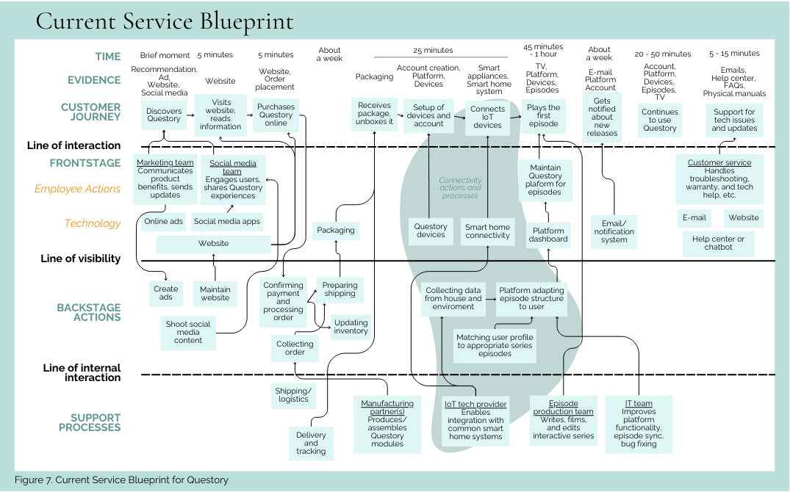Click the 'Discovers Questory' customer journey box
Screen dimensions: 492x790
click(x=163, y=115)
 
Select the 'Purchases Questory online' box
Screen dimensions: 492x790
click(x=276, y=115)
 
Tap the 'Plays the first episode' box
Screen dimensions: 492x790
click(x=543, y=115)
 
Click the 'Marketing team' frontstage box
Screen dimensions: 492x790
click(x=165, y=178)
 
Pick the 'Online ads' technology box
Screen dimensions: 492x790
click(x=164, y=221)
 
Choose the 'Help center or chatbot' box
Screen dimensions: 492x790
click(x=718, y=243)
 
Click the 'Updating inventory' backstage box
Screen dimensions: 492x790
click(x=351, y=327)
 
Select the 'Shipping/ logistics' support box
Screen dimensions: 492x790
click(x=293, y=395)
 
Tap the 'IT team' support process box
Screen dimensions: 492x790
click(x=639, y=424)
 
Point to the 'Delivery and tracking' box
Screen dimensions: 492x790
click(x=311, y=443)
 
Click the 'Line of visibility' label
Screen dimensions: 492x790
click(x=81, y=258)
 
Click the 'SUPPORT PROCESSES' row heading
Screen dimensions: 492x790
click(x=90, y=422)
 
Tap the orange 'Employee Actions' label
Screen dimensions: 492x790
click(x=77, y=189)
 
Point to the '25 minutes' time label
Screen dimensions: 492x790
click(x=433, y=50)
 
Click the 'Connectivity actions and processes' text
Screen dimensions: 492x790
click(x=460, y=188)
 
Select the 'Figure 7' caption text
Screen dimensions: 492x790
click(x=121, y=480)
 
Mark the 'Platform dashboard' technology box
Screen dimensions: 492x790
click(x=548, y=234)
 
